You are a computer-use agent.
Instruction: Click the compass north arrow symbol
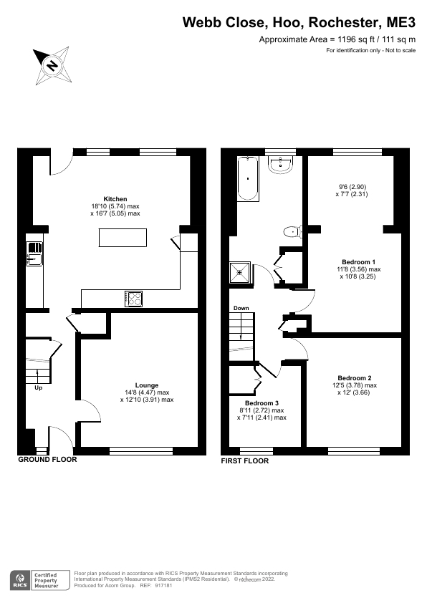(x=52, y=65)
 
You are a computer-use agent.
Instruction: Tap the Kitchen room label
(x=115, y=199)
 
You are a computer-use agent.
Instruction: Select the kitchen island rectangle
(x=123, y=237)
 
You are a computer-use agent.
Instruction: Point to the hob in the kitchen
(x=133, y=298)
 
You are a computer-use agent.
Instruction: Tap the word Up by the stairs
(x=38, y=388)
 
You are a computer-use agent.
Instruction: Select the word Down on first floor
(x=241, y=309)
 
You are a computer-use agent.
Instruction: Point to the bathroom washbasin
(x=280, y=166)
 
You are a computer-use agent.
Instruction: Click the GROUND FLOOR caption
(x=47, y=460)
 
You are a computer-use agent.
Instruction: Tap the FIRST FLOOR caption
(x=246, y=460)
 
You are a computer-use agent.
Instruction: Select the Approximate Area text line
(x=337, y=41)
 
